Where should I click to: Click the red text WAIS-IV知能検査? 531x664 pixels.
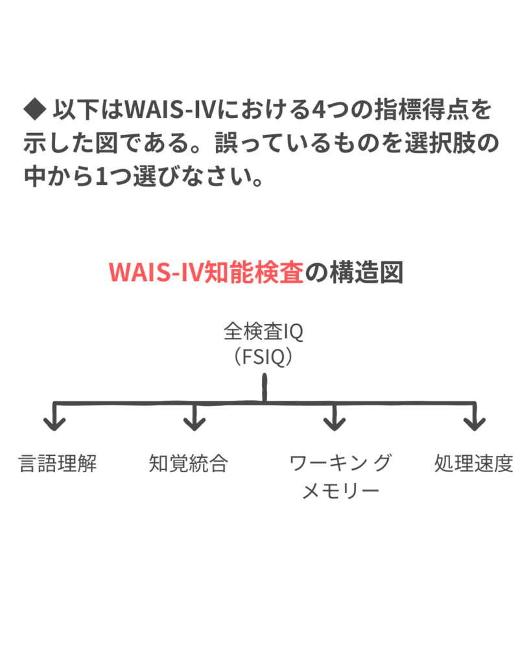(206, 273)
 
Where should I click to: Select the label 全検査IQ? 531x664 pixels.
(263, 333)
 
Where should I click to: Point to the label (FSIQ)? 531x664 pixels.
(263, 357)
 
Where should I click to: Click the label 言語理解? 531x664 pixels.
(58, 464)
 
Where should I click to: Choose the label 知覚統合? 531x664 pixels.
(188, 464)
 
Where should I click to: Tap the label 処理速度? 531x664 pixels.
(473, 464)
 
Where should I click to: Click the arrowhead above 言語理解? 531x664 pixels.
(54, 423)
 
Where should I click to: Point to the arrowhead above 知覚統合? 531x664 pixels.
(194, 423)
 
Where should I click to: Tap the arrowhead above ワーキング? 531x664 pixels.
(334, 423)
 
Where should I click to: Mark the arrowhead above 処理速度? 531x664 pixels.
(475, 423)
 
